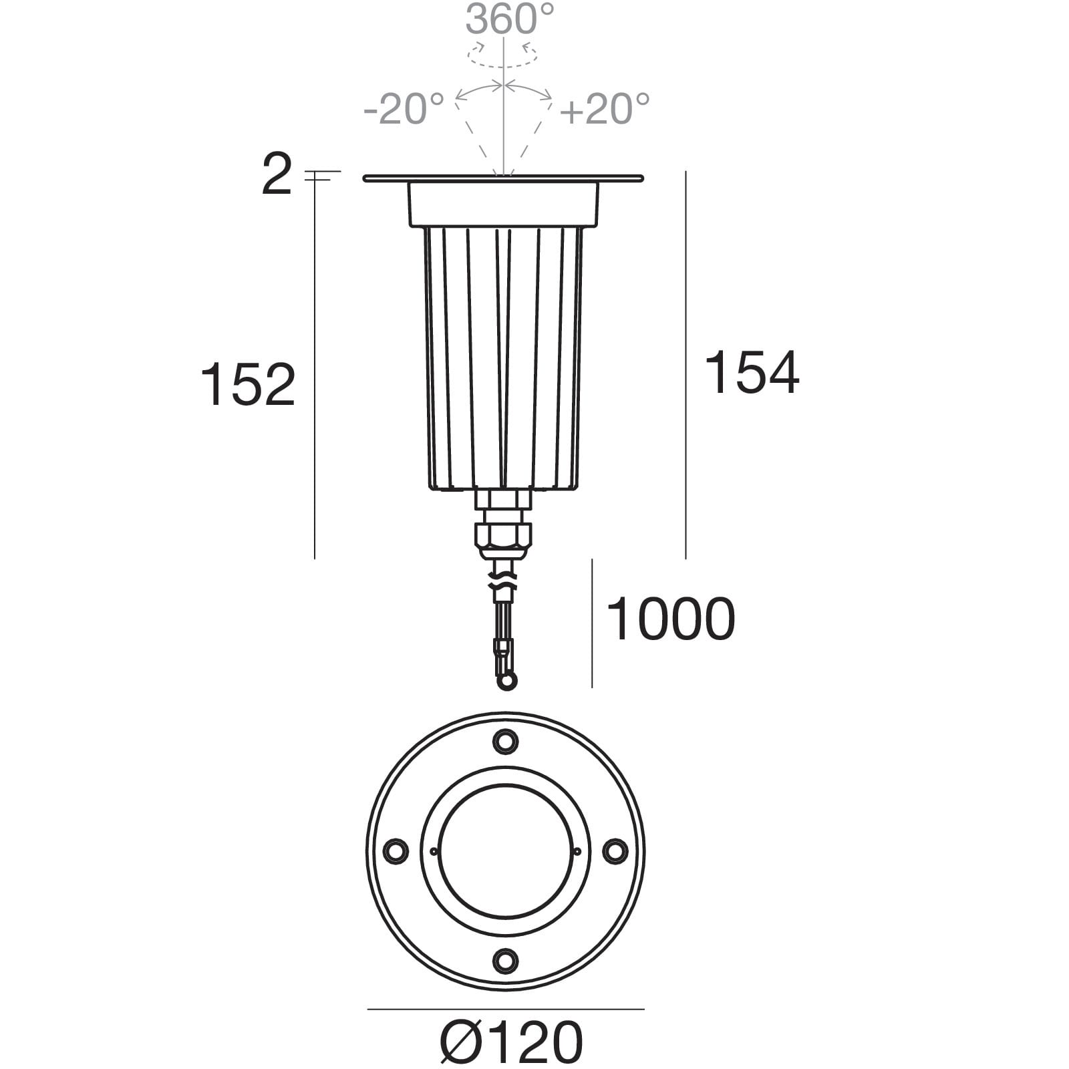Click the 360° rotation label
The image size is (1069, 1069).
click(510, 19)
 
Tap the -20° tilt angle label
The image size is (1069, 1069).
click(404, 109)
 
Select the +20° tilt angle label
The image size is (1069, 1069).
click(605, 109)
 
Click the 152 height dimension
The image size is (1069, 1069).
click(248, 385)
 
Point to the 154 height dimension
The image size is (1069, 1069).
click(752, 373)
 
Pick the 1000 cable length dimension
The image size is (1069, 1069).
click(670, 619)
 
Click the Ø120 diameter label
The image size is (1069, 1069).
click(512, 1042)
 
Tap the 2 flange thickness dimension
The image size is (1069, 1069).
click(277, 174)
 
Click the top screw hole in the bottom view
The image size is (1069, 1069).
click(505, 741)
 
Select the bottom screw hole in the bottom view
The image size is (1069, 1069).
click(505, 961)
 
